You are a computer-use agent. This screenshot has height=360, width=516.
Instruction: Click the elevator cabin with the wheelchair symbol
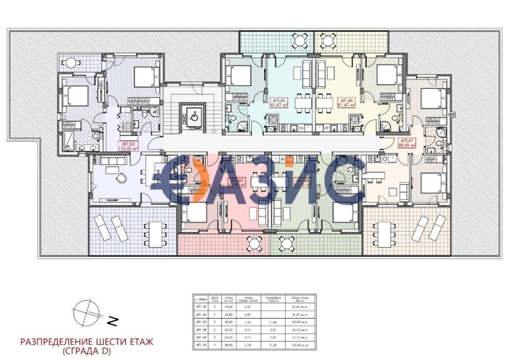192,116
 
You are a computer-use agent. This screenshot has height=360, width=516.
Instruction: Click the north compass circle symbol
86,312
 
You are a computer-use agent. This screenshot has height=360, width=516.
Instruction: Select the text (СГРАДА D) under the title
86,351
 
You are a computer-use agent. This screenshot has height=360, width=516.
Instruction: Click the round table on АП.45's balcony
300,39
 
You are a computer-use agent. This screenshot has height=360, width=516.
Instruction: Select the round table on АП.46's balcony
327,39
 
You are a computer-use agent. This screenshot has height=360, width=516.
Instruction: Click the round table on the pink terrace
253,243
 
